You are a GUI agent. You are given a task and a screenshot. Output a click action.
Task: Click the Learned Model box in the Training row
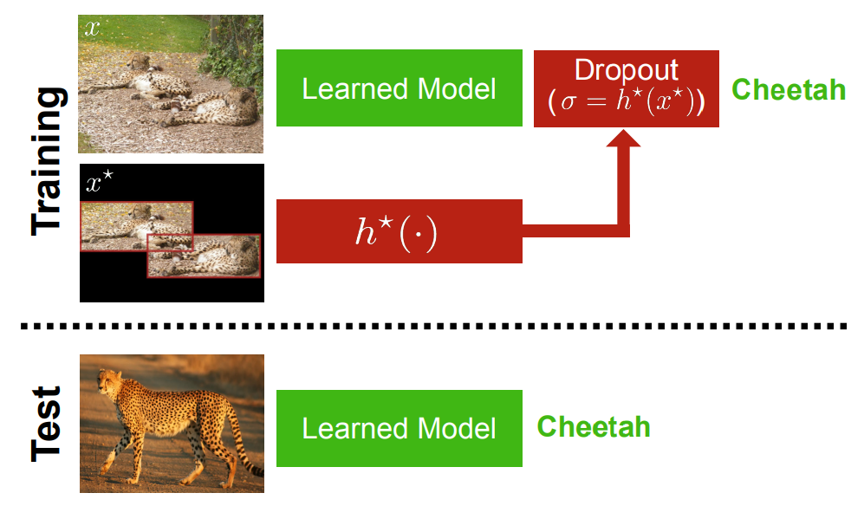399,88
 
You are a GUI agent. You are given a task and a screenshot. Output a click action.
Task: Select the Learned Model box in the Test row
399,428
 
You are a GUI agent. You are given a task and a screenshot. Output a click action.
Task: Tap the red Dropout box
626,88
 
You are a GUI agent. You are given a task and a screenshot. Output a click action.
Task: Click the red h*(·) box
399,231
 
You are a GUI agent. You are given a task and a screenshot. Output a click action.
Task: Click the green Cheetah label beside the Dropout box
788,89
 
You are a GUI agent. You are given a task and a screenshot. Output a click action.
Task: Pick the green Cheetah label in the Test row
594,427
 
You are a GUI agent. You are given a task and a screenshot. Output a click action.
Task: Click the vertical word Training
48,160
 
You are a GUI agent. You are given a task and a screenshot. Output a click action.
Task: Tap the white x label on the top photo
92,28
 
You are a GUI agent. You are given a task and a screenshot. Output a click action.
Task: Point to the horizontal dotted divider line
433,327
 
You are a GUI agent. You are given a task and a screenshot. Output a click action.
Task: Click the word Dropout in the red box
627,70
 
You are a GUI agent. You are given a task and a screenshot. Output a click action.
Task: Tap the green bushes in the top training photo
234,43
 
